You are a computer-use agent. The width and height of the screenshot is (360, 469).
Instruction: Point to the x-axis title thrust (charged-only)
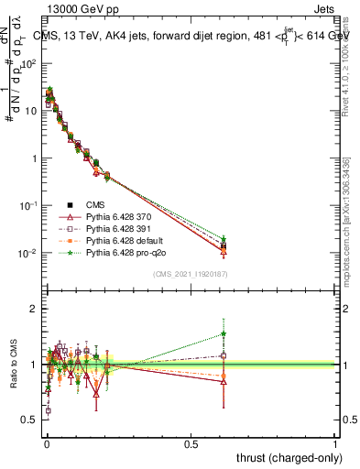point(287,456)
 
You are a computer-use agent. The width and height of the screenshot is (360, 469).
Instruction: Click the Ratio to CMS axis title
point(13,364)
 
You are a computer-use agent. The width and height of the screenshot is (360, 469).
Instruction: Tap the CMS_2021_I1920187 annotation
point(190,274)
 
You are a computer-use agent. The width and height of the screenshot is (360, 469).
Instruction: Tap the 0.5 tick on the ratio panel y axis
point(30,420)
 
